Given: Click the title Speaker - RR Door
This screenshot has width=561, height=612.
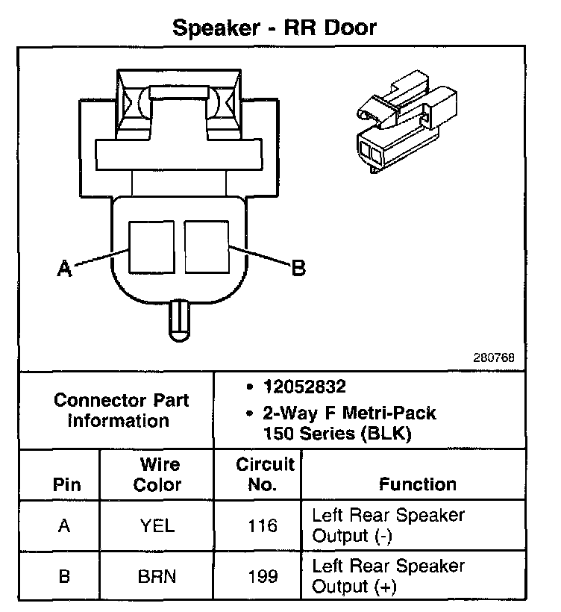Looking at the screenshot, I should coord(275,28).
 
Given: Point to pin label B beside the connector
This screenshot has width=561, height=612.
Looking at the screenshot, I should coord(298,269).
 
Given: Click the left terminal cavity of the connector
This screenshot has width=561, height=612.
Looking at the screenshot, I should coord(151,246).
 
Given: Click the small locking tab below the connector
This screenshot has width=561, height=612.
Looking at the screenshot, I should coord(179,319).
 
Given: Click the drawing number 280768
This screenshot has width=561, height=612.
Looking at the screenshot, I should coord(494,357).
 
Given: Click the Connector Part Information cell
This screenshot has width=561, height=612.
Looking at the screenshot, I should coord(121,410).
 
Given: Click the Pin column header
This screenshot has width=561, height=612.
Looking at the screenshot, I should coord(67,484).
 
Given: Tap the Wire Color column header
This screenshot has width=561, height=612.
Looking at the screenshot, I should coord(157,475).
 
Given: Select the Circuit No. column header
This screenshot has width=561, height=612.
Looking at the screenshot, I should coord(266,475).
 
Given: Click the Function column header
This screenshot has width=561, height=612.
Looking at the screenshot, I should coord(418,484).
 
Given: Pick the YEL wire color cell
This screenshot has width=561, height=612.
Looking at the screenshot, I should coord(157,526).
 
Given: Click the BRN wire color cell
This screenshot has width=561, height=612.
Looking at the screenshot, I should coord(157,576).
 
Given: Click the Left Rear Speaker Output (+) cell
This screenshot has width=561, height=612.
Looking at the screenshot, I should coord(388,576).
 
